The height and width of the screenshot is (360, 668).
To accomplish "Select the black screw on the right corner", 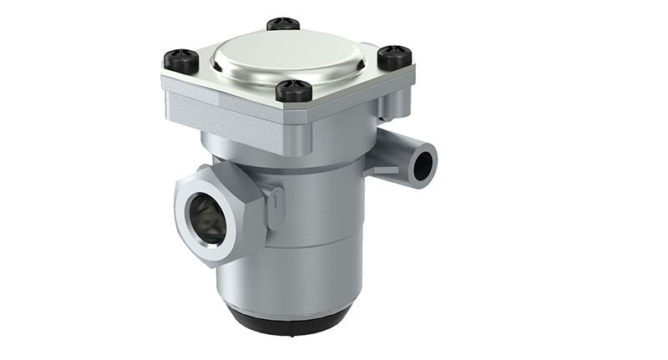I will [394, 58].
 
